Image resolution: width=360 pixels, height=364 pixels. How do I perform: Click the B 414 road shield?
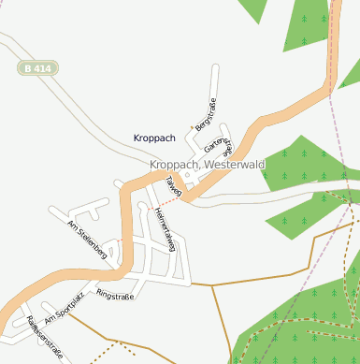click(x=38, y=68)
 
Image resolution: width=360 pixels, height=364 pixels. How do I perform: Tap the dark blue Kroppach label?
click(x=154, y=138)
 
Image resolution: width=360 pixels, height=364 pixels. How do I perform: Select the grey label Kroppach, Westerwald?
click(x=208, y=165)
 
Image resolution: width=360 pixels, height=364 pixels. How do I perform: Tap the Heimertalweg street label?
click(x=165, y=229)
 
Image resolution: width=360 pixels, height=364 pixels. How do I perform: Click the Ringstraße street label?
click(x=116, y=297)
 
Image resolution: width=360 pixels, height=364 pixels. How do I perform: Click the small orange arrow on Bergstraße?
click(x=194, y=125)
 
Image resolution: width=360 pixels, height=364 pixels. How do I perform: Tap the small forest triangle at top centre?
click(x=252, y=9)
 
